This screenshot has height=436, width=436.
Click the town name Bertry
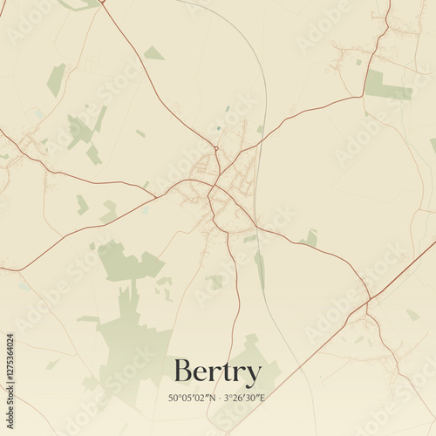tap(217, 372)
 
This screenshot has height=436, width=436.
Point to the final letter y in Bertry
tap(253, 375)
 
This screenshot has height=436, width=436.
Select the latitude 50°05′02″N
tap(192, 399)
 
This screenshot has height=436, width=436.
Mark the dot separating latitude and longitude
tap(220, 399)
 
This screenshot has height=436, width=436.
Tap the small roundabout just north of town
tap(215, 148)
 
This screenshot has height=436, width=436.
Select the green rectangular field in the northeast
tap(385, 86)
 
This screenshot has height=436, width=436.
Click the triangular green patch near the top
tap(153, 54)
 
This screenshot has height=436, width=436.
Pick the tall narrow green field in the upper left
tap(56, 79)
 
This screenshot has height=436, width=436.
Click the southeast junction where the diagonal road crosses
tap(367, 302)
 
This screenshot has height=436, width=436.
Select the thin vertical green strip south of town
tap(260, 269)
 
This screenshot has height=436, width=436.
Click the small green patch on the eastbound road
tap(310, 237)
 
